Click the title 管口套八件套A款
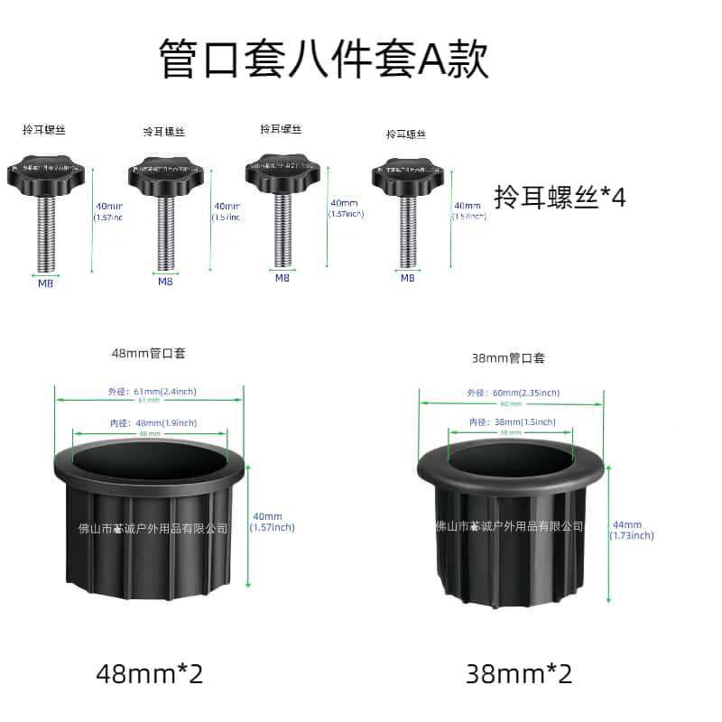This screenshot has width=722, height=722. tap(324, 60)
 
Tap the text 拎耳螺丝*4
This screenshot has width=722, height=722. tap(560, 199)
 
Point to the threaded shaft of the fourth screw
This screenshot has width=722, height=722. tap(407, 233)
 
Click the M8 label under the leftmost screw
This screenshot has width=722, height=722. tap(45, 282)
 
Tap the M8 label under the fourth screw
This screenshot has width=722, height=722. tap(407, 278)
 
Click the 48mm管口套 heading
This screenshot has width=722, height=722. tap(149, 354)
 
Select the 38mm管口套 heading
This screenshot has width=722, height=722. tap(509, 357)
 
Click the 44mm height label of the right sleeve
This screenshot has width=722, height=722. tap(632, 530)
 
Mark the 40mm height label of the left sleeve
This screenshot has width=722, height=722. tap(272, 522)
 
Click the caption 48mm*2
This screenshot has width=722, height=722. tap(150, 672)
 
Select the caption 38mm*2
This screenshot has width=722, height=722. tap(519, 672)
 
